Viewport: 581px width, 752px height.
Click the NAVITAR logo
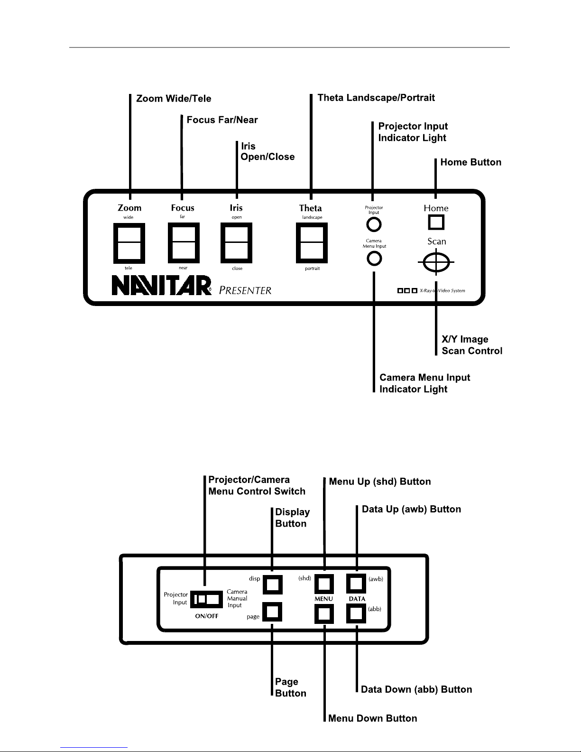click(x=162, y=286)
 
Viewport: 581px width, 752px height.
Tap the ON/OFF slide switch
click(x=206, y=599)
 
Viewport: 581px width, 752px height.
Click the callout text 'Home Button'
click(x=470, y=162)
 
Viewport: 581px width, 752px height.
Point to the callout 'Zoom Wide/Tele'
click(x=174, y=99)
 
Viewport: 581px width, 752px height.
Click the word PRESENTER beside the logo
click(x=245, y=290)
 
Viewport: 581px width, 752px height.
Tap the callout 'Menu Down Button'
click(x=372, y=718)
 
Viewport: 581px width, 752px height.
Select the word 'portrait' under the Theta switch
click(x=312, y=269)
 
